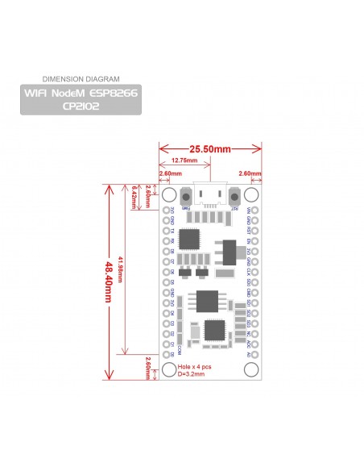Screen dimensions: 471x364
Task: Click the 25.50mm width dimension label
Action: (210, 149)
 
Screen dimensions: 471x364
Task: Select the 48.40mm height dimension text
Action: (109, 281)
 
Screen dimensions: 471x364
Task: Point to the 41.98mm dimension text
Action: (122, 269)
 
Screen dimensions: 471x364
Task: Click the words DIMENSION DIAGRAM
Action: (80, 79)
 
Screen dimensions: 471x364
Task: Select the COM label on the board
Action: (180, 350)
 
